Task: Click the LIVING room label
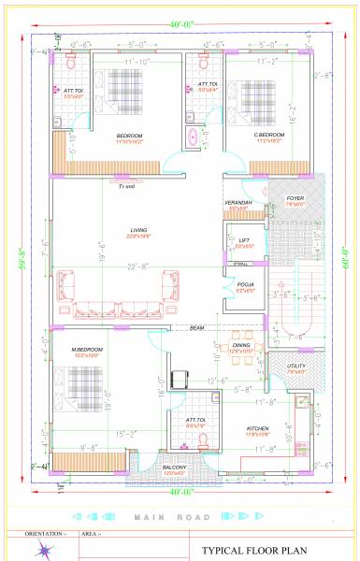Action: (138, 229)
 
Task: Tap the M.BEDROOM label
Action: (85, 349)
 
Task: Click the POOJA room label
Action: (246, 285)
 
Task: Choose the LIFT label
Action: (244, 240)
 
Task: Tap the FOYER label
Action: (295, 198)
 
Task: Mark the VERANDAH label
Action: (238, 203)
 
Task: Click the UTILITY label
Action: (296, 367)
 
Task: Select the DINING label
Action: (242, 346)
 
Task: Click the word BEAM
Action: (197, 329)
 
